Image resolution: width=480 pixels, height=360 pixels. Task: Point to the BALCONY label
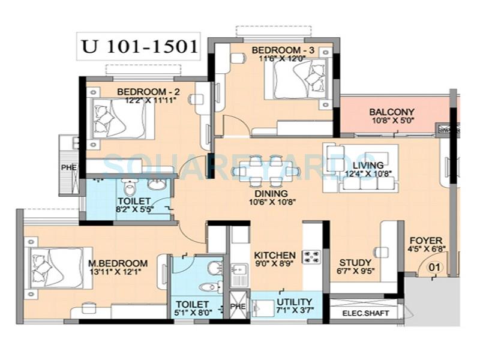392,112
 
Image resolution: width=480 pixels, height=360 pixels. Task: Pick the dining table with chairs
266,171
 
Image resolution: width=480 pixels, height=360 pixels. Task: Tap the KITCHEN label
275,255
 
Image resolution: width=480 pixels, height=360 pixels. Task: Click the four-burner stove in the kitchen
312,257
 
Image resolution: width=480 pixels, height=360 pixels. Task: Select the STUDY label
355,263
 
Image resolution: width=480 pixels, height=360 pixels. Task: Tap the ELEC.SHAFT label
365,313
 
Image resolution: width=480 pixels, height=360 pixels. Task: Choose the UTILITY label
294,301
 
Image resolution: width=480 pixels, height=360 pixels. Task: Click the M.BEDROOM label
118,263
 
